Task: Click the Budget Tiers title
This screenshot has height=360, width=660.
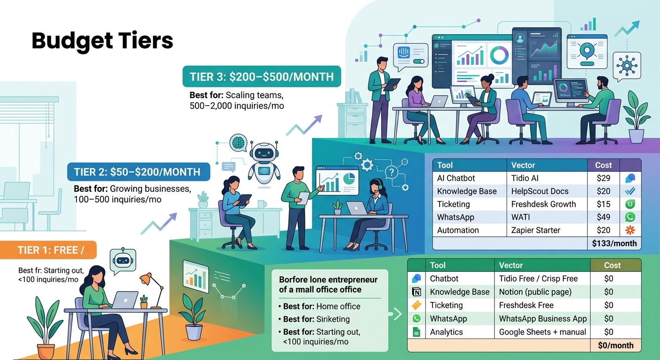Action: [102, 41]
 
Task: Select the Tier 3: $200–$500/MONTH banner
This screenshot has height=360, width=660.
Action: [262, 76]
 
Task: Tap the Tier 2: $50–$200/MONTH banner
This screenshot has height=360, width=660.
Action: [138, 172]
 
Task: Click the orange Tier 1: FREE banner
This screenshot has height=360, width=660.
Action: [48, 250]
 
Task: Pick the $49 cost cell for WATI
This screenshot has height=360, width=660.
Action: [603, 217]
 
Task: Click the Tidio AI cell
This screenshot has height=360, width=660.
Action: [525, 178]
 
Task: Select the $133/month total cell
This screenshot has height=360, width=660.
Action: [615, 243]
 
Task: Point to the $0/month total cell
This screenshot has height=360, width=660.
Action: [616, 345]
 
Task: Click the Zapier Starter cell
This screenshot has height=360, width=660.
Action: [536, 230]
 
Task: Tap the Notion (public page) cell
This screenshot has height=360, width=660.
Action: [535, 292]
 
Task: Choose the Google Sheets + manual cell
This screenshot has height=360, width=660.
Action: [542, 332]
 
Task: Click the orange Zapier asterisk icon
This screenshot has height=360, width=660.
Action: [630, 230]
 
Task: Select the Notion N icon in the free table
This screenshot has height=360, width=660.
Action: [416, 292]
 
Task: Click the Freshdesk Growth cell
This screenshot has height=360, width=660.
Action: [544, 204]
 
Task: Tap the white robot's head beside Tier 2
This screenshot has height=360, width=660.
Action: [264, 153]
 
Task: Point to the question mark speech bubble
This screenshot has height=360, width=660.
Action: [391, 172]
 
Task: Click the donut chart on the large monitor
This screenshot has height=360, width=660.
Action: [499, 55]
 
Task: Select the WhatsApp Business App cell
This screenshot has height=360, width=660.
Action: [543, 319]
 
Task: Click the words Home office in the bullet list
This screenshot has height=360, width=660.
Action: [338, 307]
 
